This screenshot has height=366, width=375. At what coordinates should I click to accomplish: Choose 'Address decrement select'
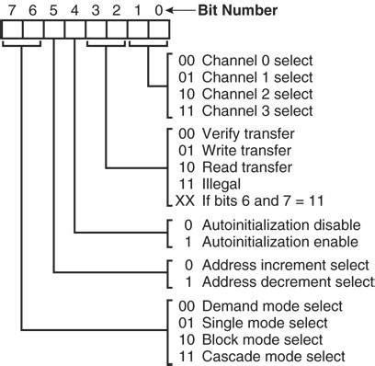click(x=276, y=282)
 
